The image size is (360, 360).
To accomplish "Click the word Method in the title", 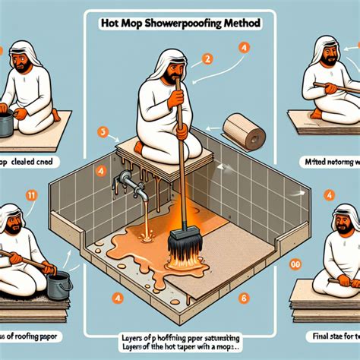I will coord(241,24).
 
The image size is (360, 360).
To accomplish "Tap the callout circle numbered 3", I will coord(101,131).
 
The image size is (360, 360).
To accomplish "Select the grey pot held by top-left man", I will coord(7,125).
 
